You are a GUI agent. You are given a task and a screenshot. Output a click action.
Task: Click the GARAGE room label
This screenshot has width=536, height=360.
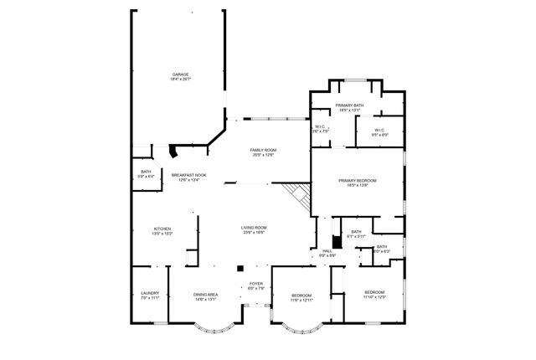pyautogui.click(x=181, y=74)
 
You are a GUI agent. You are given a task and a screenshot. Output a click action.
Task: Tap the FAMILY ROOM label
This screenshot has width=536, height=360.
pyautogui.click(x=263, y=150)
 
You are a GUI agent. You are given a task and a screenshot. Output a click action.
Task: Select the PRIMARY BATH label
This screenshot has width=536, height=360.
pyautogui.click(x=350, y=105)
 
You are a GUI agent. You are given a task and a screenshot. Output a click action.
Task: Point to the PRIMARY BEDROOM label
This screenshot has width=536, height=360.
pyautogui.click(x=358, y=180)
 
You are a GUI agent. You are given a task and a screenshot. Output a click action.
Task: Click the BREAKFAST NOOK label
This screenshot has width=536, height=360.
pyautogui.click(x=189, y=175)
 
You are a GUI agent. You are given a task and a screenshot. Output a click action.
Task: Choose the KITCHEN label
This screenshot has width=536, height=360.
pyautogui.click(x=162, y=229)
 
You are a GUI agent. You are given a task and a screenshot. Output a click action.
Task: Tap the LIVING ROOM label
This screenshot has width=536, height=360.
pyautogui.click(x=254, y=228)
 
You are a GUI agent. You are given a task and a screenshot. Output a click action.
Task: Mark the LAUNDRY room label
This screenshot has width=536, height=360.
pyautogui.click(x=150, y=293)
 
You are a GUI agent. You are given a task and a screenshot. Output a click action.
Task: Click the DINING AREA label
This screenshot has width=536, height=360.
pyautogui.click(x=206, y=294)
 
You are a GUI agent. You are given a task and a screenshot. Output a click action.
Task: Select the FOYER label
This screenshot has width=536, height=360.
pyautogui.click(x=255, y=284)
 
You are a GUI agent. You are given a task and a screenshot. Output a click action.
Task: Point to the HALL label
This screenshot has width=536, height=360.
pyautogui.click(x=327, y=250)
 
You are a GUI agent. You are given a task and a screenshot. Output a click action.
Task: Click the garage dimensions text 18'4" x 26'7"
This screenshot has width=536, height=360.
pyautogui.click(x=181, y=79)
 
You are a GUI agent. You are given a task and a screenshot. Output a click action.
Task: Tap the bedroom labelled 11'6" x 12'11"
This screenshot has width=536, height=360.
pyautogui.click(x=301, y=296)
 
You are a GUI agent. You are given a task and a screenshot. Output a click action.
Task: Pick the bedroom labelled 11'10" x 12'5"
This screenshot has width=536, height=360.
pyautogui.click(x=374, y=294)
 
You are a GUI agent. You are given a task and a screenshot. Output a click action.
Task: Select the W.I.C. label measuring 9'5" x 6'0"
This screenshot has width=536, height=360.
pyautogui.click(x=379, y=131)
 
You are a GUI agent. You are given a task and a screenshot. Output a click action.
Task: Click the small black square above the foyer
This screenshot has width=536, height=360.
pyautogui.click(x=240, y=269)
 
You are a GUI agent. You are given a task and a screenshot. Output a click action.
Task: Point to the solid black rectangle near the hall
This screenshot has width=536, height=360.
pyautogui.click(x=337, y=229)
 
